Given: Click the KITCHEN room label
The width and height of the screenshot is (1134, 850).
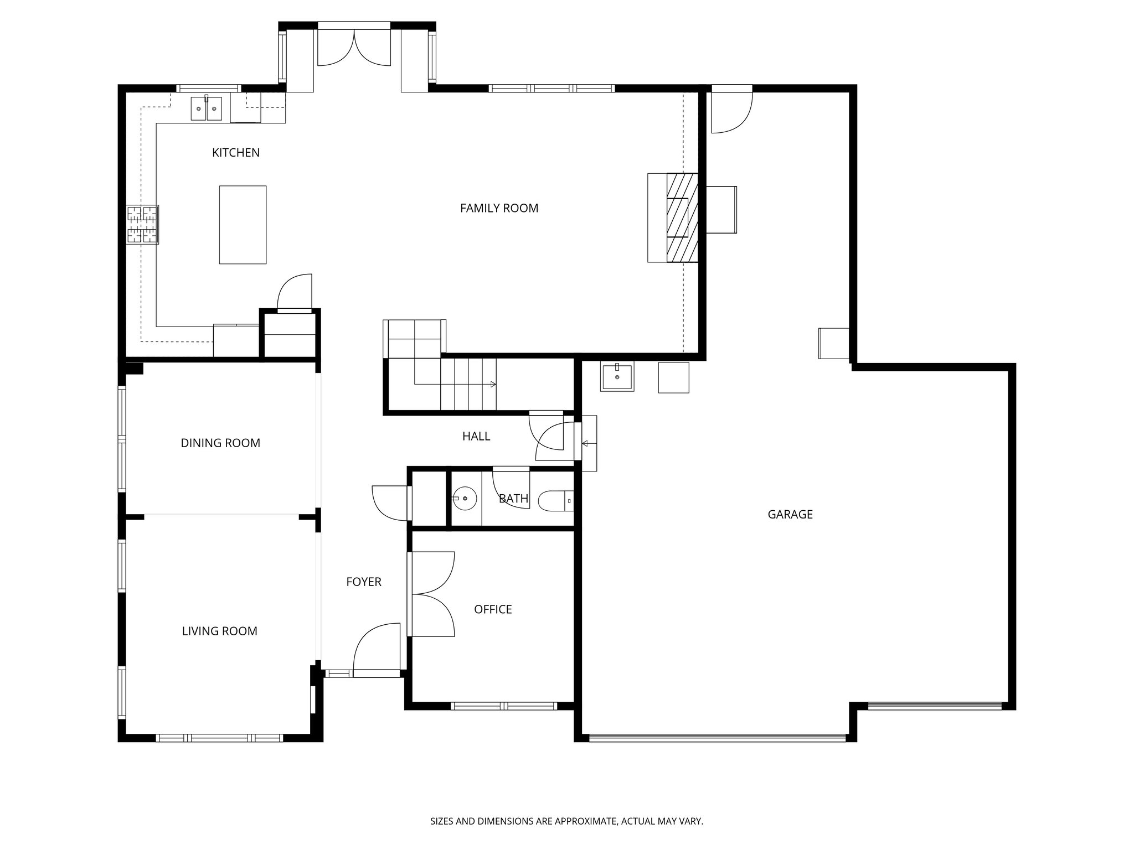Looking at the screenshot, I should pyautogui.click(x=235, y=153).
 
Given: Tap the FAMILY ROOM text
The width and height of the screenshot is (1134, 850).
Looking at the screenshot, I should pyautogui.click(x=499, y=208).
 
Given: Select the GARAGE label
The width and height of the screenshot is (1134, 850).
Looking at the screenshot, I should pyautogui.click(x=790, y=515).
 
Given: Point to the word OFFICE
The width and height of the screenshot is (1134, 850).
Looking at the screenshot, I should pyautogui.click(x=493, y=609).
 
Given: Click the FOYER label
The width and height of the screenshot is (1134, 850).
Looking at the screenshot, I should pyautogui.click(x=363, y=582).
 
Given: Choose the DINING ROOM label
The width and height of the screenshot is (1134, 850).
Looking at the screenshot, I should pyautogui.click(x=220, y=443).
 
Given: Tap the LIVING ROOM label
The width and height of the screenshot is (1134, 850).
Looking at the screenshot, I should pyautogui.click(x=219, y=631).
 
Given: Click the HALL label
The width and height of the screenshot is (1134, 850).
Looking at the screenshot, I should pyautogui.click(x=476, y=437).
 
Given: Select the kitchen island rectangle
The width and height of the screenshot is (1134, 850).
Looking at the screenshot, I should pyautogui.click(x=243, y=225).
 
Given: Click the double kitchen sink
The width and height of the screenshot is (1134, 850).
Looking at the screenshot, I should pyautogui.click(x=207, y=108).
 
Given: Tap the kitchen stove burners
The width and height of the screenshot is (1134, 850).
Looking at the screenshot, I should pyautogui.click(x=143, y=224).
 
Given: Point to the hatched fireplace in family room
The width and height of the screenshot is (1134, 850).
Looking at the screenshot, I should pyautogui.click(x=681, y=217).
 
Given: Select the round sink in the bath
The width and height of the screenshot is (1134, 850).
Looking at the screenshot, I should pyautogui.click(x=465, y=499).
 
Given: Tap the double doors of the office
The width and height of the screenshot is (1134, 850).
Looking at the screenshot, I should pyautogui.click(x=431, y=594).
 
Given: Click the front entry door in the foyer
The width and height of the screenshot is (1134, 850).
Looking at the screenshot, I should pyautogui.click(x=377, y=650).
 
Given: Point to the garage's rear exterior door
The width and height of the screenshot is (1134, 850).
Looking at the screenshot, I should pyautogui.click(x=731, y=110).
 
